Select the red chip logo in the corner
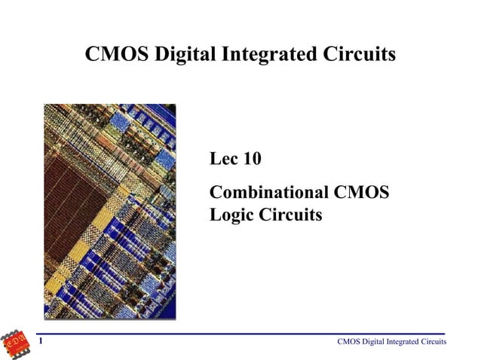(17, 343)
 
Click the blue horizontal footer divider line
(241, 334)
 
